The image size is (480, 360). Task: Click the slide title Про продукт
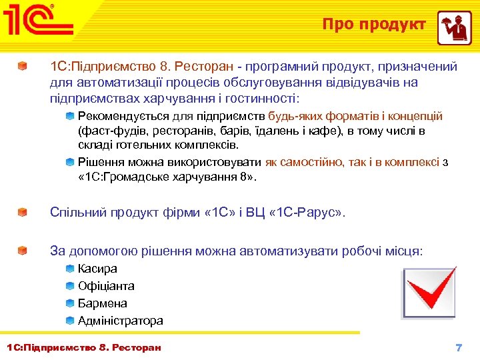374,25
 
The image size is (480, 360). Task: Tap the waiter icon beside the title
454,28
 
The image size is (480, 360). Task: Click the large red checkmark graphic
430,293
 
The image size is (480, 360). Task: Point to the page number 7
458,347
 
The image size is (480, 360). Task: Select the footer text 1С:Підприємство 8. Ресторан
83,347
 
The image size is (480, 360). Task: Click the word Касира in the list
97,269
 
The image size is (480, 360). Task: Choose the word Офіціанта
106,286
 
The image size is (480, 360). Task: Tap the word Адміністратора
120,321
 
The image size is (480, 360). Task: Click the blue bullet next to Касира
70,269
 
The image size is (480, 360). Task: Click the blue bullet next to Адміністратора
70,321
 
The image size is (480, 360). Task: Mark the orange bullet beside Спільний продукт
23,213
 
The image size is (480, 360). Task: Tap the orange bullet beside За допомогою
23,251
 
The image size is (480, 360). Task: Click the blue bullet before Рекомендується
70,117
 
